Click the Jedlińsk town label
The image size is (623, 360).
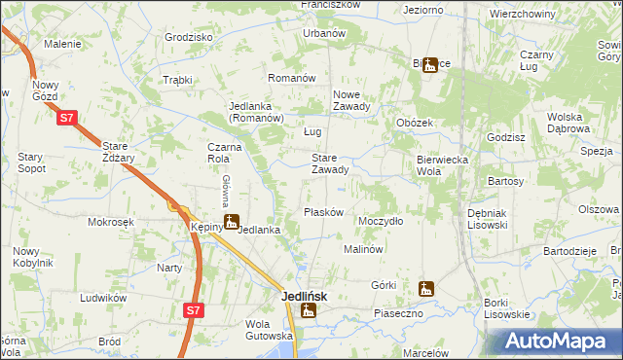click(305, 296)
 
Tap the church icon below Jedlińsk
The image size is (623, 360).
click(309, 311)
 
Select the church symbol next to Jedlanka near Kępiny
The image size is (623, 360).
click(231, 222)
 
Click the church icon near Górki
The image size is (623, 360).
click(424, 288)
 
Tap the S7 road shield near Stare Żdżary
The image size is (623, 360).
click(65, 118)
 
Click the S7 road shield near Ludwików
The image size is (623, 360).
click(194, 310)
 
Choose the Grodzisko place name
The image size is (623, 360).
click(189, 37)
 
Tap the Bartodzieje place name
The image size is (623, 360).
click(570, 250)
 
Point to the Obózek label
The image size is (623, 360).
click(415, 123)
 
